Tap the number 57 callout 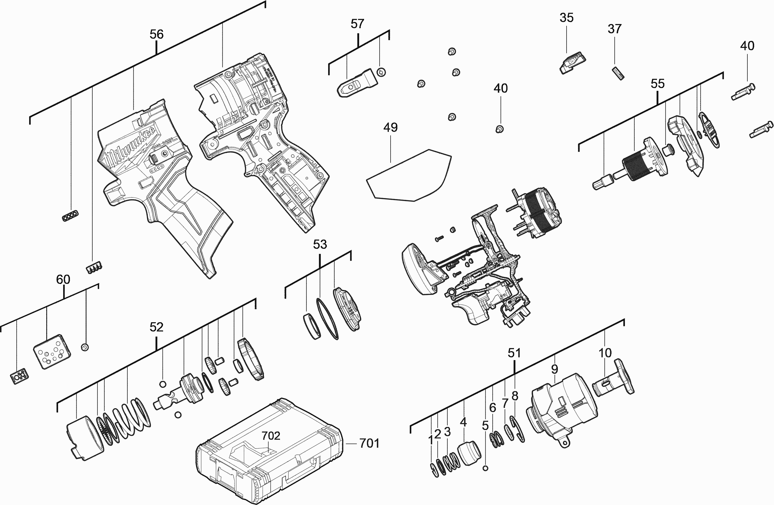[x=357, y=24]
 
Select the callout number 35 [x=567, y=18]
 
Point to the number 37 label [x=614, y=29]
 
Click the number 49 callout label [x=390, y=128]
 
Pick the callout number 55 [x=657, y=84]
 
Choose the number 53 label [x=320, y=244]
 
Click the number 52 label [x=156, y=327]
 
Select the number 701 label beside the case [x=369, y=443]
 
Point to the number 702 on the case [x=271, y=435]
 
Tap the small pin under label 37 [x=619, y=73]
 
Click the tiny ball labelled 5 [x=486, y=468]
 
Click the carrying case [x=270, y=455]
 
